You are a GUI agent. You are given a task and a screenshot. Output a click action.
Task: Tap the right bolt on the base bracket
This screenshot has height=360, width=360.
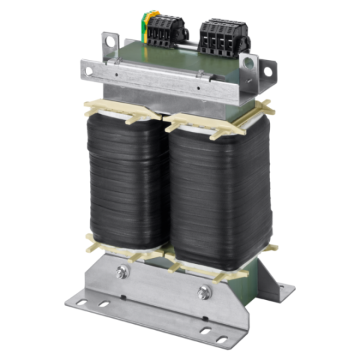click(204, 291)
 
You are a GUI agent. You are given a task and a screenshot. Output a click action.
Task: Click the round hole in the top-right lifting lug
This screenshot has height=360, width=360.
click(249, 65)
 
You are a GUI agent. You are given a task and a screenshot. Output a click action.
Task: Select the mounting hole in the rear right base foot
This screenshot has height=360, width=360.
click(284, 288)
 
